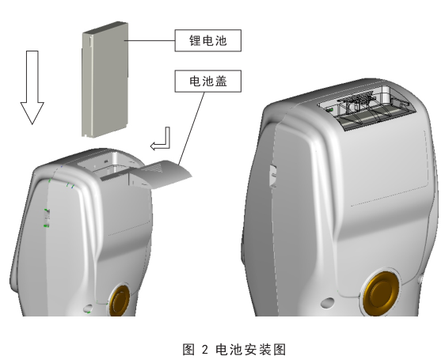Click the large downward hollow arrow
(32, 87)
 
